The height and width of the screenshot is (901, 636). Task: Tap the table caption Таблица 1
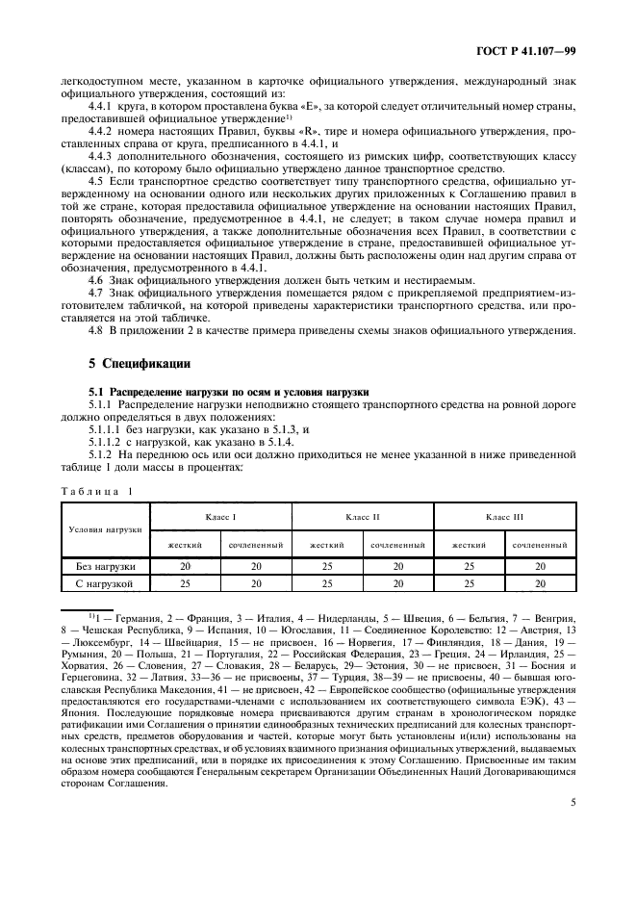click(x=99, y=491)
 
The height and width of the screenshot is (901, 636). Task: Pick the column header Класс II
click(x=363, y=517)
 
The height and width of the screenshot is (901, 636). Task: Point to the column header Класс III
click(x=505, y=517)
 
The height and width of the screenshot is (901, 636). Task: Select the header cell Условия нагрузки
click(x=106, y=529)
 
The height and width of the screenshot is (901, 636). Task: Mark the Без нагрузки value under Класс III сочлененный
click(x=541, y=567)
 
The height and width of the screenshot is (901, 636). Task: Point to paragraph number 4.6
click(x=96, y=278)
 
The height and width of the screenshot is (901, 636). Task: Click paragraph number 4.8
click(x=96, y=331)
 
